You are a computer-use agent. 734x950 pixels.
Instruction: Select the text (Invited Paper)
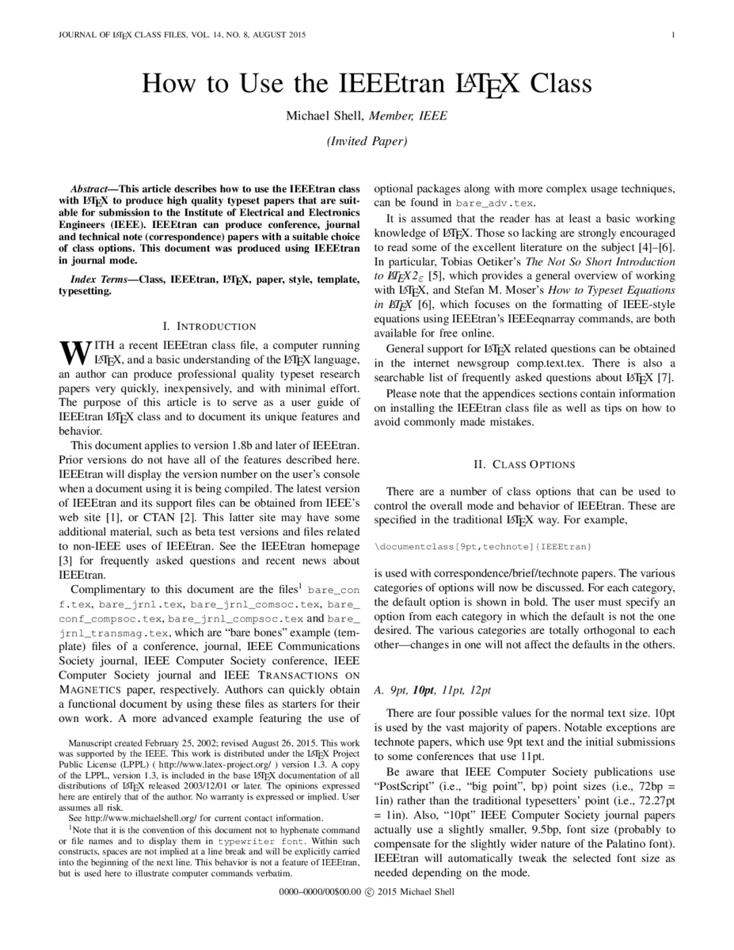[x=367, y=142]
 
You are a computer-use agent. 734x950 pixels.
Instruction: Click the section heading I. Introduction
[x=209, y=326]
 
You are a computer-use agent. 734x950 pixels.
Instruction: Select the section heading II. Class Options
[x=524, y=465]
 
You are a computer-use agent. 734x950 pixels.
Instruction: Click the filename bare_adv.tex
[x=473, y=203]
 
